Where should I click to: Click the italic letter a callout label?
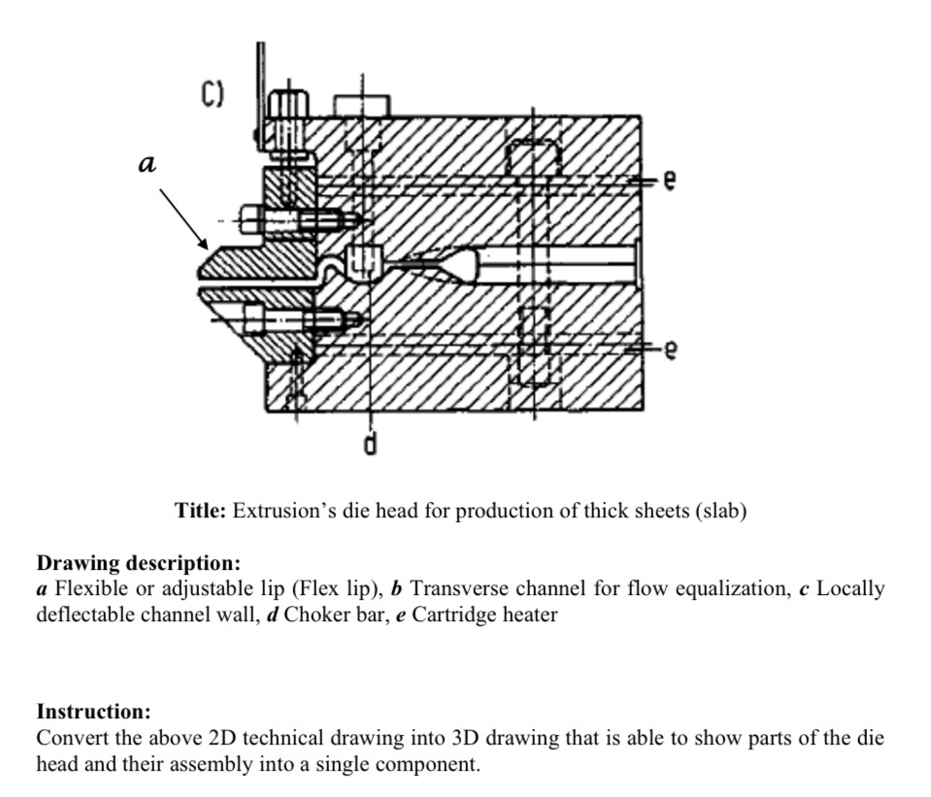[x=147, y=165]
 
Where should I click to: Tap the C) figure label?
[x=213, y=94]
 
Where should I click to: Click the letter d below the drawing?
[x=370, y=445]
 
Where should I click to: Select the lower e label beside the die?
[x=669, y=352]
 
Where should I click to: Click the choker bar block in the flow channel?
[x=360, y=261]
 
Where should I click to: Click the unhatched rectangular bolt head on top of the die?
[x=361, y=105]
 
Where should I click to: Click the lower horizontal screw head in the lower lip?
[x=253, y=317]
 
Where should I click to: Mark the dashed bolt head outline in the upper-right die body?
[x=534, y=155]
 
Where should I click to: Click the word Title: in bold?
[x=200, y=511]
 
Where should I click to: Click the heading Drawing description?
[x=138, y=563]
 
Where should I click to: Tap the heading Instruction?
[x=93, y=712]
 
